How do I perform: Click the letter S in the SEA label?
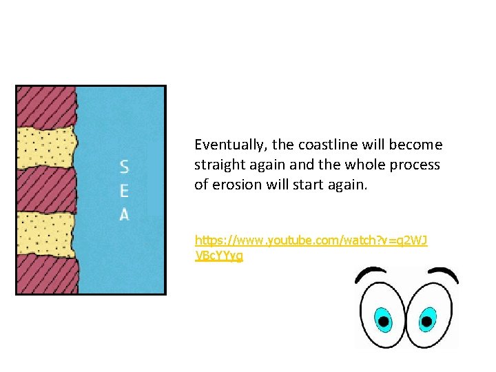coord(124,167)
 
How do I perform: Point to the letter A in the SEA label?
coord(124,214)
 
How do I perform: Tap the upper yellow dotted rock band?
coord(45,147)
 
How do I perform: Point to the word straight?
coord(218,165)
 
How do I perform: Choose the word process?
coord(416,165)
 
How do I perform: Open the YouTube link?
coord(310,247)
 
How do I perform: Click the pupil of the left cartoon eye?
coord(382,320)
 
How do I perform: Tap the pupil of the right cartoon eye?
coord(427,321)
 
